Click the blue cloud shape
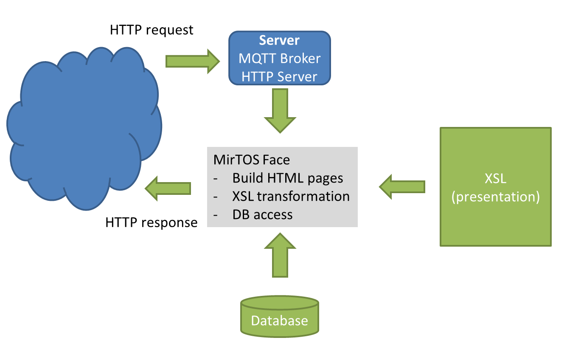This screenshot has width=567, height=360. pyautogui.click(x=83, y=127)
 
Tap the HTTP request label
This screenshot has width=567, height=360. pyautogui.click(x=152, y=30)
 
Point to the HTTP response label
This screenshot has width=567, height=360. pyautogui.click(x=152, y=222)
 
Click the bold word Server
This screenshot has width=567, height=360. pyautogui.click(x=279, y=40)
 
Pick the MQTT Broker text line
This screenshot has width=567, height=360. pyautogui.click(x=279, y=58)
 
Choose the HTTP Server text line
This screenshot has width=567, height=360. pyautogui.click(x=279, y=76)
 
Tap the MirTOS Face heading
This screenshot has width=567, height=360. pyautogui.click(x=252, y=160)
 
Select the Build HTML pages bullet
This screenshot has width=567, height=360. pyautogui.click(x=287, y=178)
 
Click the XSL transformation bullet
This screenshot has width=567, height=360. pyautogui.click(x=291, y=196)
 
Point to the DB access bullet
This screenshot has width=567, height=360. pyautogui.click(x=262, y=214)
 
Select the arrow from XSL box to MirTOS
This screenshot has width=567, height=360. pyautogui.click(x=401, y=187)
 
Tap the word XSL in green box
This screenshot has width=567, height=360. pyautogui.click(x=495, y=179)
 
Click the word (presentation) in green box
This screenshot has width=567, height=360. pyautogui.click(x=495, y=197)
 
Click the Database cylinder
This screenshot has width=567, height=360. pyautogui.click(x=280, y=316)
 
